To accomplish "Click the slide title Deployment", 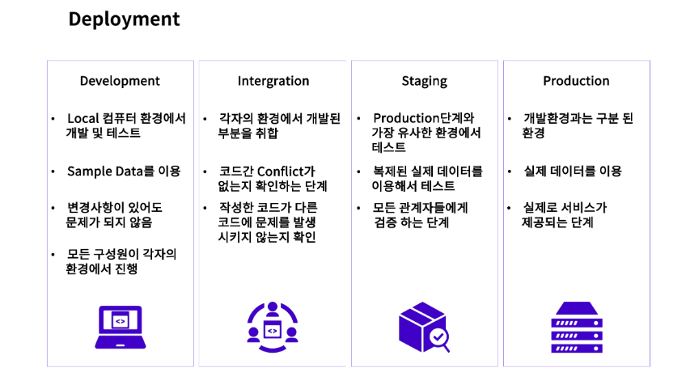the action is pyautogui.click(x=124, y=19).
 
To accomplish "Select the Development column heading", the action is pyautogui.click(x=120, y=81).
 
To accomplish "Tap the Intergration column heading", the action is pyautogui.click(x=273, y=81).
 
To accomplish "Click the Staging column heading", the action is pyautogui.click(x=424, y=81).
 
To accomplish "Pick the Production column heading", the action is pyautogui.click(x=576, y=81).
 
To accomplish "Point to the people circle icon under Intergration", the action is pyautogui.click(x=273, y=324).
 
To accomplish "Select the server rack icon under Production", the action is pyautogui.click(x=576, y=327).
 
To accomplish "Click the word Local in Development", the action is pyautogui.click(x=83, y=118).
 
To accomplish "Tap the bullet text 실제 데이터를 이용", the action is pyautogui.click(x=573, y=171).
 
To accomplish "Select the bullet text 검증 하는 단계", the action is pyautogui.click(x=412, y=222).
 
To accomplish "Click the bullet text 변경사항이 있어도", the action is pyautogui.click(x=115, y=208).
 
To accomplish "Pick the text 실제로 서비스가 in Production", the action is pyautogui.click(x=565, y=208).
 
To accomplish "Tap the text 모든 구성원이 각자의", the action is pyautogui.click(x=121, y=254).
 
